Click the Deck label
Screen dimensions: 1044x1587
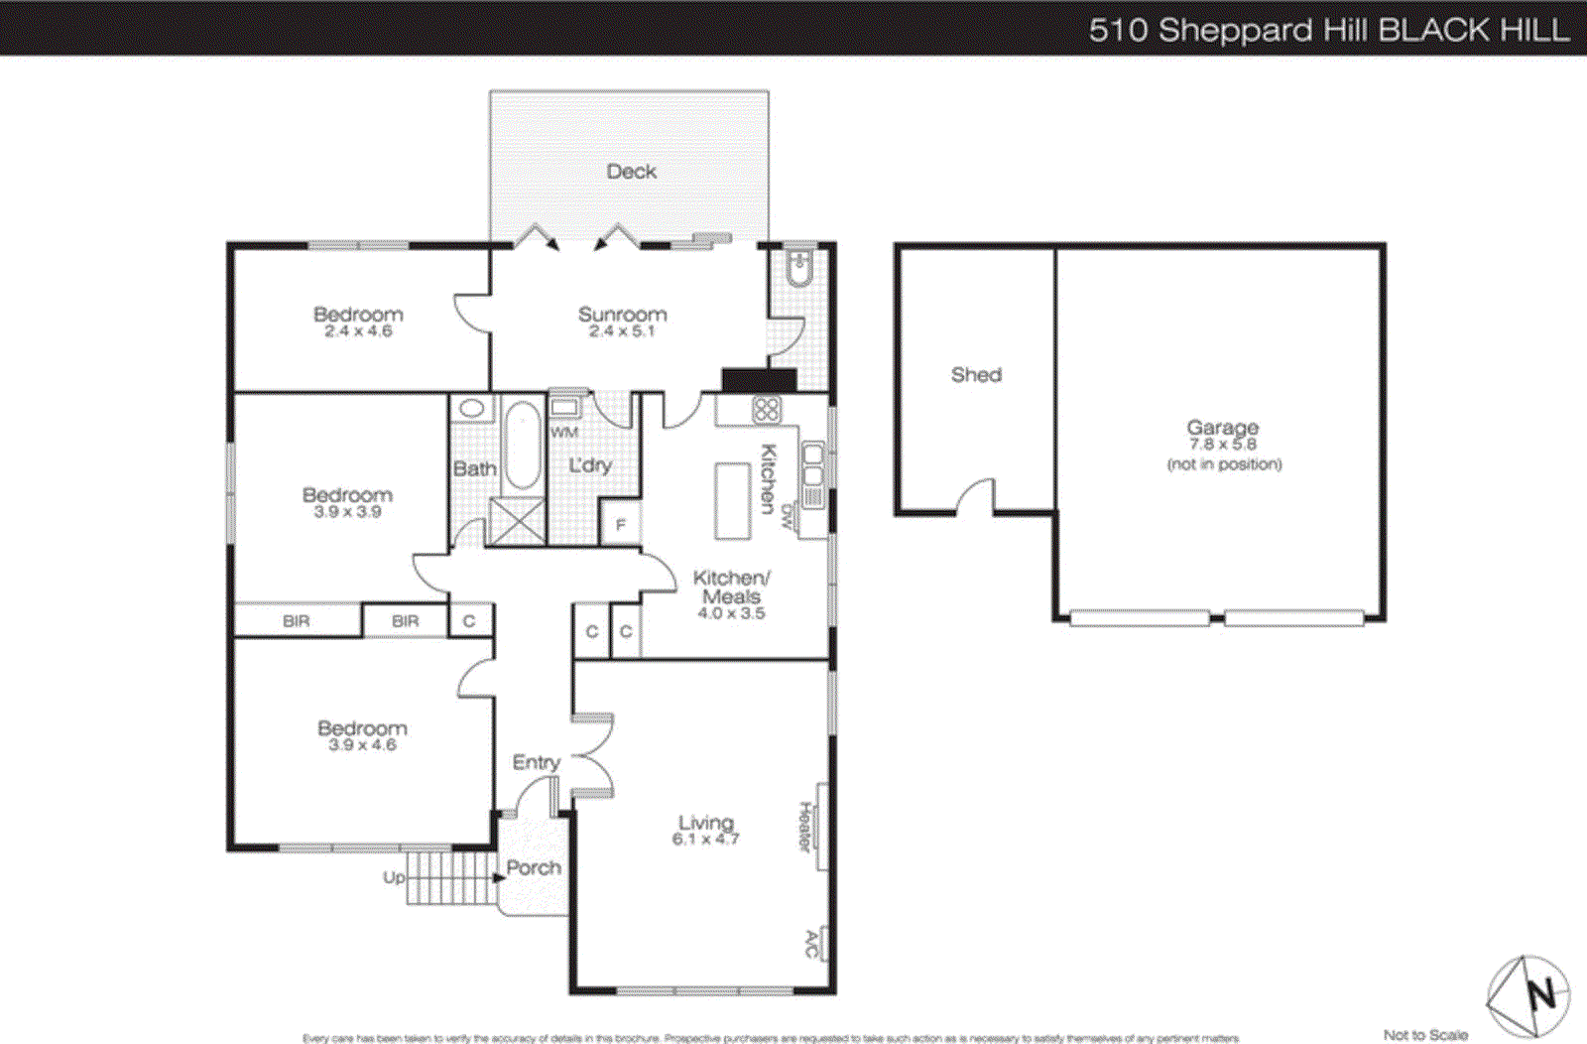(x=631, y=172)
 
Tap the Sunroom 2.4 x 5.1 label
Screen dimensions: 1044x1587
(x=622, y=321)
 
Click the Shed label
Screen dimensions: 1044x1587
(x=976, y=374)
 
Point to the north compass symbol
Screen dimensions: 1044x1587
(x=1528, y=995)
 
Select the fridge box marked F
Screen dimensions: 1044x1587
(x=621, y=524)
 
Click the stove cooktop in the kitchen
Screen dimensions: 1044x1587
(x=767, y=409)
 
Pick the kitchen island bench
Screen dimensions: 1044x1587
(x=733, y=500)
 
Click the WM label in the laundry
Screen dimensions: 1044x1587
(x=563, y=432)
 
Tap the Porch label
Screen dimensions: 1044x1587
(x=534, y=867)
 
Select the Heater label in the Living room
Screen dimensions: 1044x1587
(x=805, y=826)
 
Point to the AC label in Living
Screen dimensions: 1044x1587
(x=811, y=944)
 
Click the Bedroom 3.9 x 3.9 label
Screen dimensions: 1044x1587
(x=347, y=501)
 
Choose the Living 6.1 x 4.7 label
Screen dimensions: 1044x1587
(x=705, y=829)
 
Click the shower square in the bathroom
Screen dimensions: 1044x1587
(x=517, y=522)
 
